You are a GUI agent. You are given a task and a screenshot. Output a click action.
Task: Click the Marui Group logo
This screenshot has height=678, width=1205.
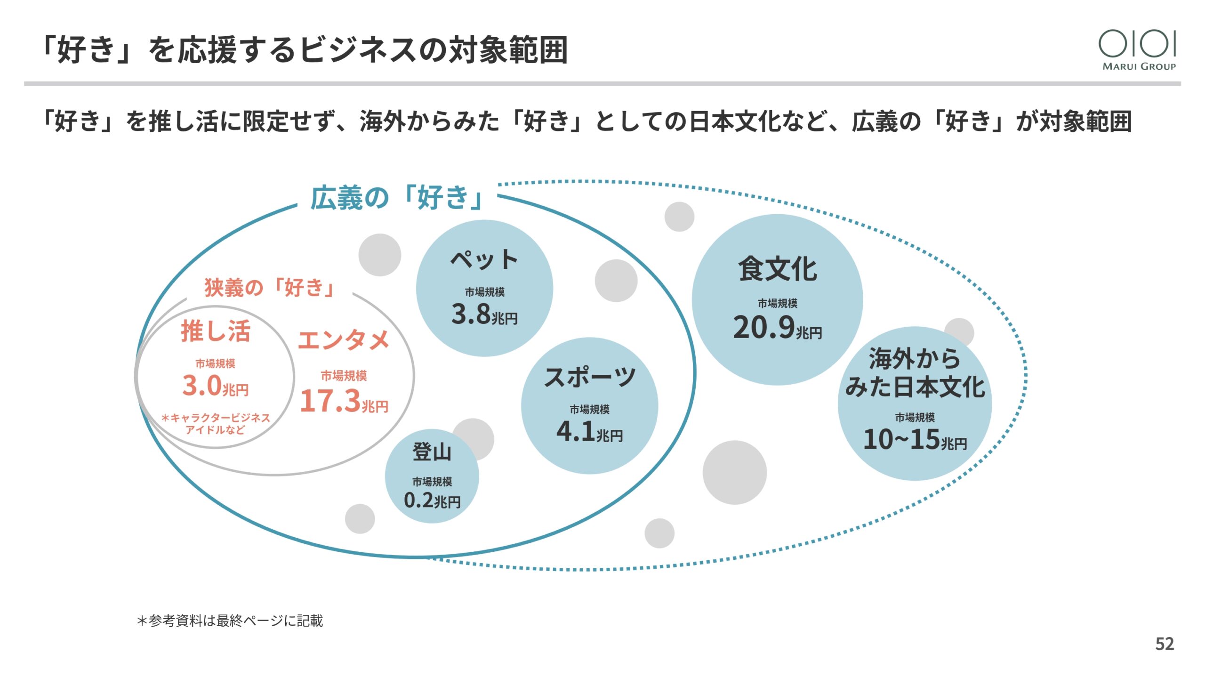click(1138, 50)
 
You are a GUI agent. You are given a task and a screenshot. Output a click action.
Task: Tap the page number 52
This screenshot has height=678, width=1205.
click(1165, 644)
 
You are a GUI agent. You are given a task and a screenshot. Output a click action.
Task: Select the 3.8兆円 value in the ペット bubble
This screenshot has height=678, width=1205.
click(484, 315)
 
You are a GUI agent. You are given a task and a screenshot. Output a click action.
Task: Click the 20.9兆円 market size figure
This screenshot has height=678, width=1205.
click(777, 328)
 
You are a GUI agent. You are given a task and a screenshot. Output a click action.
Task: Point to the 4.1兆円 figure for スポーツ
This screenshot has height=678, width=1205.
click(589, 431)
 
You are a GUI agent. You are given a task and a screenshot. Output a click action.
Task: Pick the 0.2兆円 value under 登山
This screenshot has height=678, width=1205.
click(432, 500)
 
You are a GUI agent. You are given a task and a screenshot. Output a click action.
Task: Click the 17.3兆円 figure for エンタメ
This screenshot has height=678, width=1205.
click(344, 401)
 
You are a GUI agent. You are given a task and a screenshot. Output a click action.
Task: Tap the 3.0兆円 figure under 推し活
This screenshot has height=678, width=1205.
click(215, 386)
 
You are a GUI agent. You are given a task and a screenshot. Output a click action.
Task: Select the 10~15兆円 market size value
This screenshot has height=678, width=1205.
click(915, 440)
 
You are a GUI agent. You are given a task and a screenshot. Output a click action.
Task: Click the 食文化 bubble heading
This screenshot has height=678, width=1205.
click(778, 269)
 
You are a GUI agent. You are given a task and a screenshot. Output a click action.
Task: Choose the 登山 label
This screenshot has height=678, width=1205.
click(432, 452)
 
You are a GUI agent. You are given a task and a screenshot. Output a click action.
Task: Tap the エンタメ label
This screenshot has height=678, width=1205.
click(344, 340)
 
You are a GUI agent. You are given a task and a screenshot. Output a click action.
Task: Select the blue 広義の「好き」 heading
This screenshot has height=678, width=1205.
click(397, 198)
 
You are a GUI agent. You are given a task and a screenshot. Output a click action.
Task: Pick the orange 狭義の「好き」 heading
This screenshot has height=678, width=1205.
click(270, 288)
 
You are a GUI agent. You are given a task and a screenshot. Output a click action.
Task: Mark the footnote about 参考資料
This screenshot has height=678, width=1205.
click(230, 621)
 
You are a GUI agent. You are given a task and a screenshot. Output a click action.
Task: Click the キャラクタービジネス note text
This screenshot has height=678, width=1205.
click(215, 424)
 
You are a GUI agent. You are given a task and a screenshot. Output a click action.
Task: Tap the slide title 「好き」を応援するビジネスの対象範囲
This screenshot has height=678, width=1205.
click(305, 50)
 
